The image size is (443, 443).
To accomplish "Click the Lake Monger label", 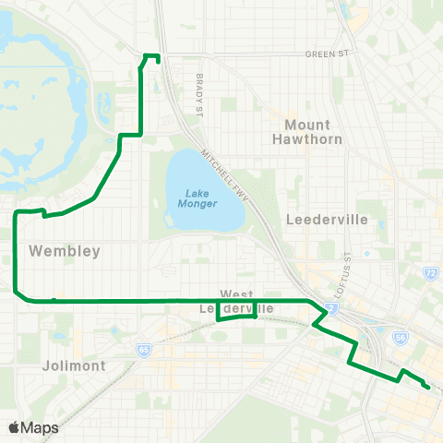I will click(197, 198).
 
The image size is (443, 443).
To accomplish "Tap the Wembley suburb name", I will click(59, 250).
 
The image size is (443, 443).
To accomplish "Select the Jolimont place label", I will click(74, 365).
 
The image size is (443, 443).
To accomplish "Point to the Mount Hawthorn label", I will click(307, 132).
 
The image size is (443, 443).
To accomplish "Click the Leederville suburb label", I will click(328, 220).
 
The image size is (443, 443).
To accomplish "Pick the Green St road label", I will click(330, 54).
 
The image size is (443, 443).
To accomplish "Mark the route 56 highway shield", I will click(401, 339).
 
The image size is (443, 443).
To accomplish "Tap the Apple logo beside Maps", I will click(14, 427).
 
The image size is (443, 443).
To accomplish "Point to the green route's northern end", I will click(159, 60).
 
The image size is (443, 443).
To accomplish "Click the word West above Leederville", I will click(236, 293).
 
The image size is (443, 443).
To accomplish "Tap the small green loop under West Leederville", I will click(236, 315).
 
